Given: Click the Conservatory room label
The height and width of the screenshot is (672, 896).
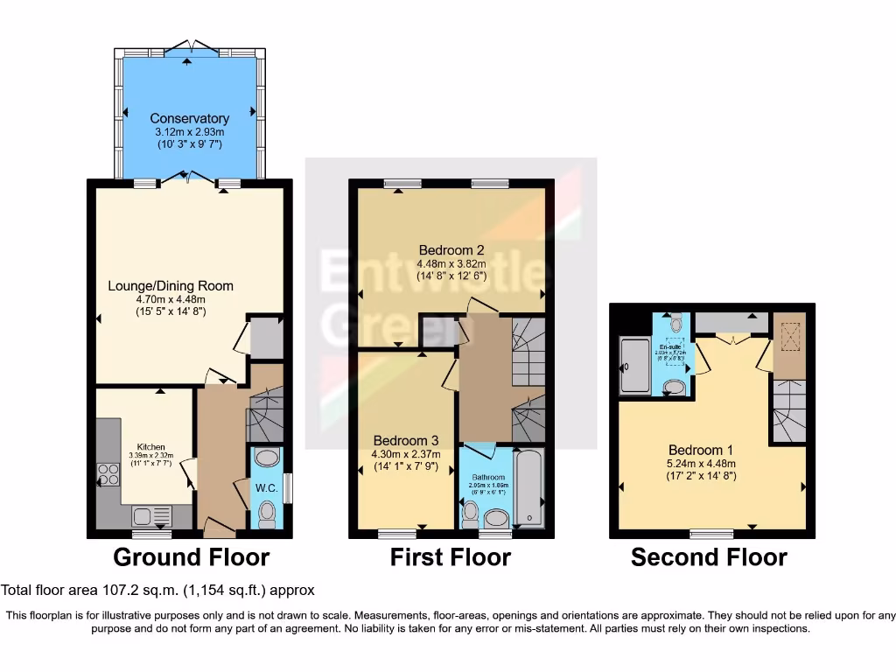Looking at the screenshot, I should (x=189, y=118).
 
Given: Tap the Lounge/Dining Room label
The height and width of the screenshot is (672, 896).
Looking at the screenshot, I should (x=171, y=285).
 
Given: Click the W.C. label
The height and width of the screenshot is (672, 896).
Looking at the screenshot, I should (x=267, y=487).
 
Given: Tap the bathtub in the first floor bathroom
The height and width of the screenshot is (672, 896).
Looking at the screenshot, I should (x=528, y=486).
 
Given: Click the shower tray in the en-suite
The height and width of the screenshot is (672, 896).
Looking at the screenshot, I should (x=632, y=365).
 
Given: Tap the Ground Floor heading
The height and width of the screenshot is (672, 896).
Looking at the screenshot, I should (x=191, y=556).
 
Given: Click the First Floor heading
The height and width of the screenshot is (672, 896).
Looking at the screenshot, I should (x=450, y=556).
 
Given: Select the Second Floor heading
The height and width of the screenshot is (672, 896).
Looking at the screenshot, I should (x=709, y=556).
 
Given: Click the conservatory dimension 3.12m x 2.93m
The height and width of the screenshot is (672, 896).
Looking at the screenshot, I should (x=189, y=131).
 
